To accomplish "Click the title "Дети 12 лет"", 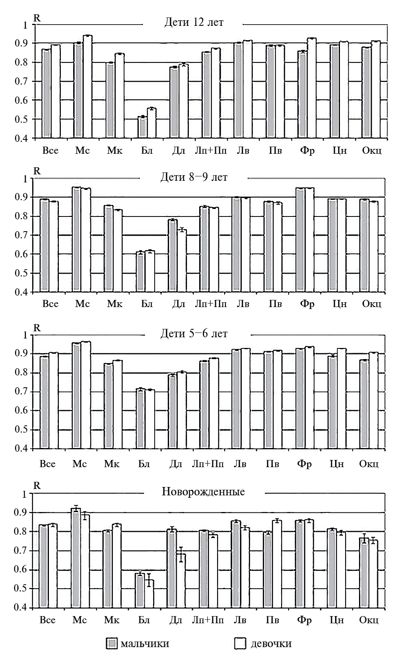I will (x=194, y=22).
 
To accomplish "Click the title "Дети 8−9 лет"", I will (x=194, y=177).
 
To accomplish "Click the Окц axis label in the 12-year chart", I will (x=372, y=151).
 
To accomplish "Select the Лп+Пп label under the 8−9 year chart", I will (x=211, y=304).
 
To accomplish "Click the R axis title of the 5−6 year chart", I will (x=37, y=328).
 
